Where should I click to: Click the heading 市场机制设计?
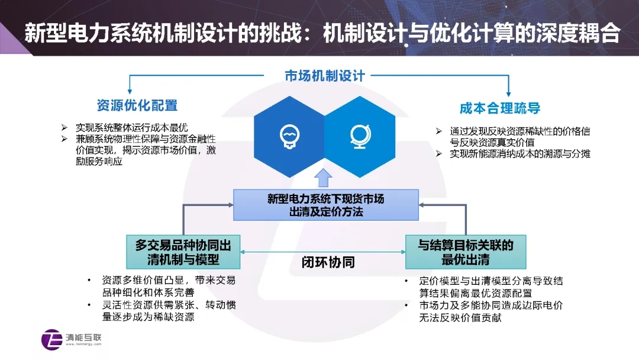(325, 76)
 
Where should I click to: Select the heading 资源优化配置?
(137, 105)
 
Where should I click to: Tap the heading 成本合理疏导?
(500, 108)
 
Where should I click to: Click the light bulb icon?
(289, 136)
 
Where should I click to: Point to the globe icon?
(360, 136)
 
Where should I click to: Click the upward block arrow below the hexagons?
(323, 178)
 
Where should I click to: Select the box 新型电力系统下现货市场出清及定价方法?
(326, 205)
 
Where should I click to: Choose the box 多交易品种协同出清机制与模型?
(183, 252)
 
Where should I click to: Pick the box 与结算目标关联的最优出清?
(466, 252)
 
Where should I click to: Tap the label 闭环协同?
(328, 262)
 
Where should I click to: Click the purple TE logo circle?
(51, 339)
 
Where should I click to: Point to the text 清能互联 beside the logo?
(83, 337)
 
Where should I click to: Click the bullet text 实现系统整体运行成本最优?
(131, 128)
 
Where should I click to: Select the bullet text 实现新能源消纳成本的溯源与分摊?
(520, 154)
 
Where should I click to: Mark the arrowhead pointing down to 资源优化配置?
(130, 91)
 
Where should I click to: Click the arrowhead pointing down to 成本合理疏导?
(508, 94)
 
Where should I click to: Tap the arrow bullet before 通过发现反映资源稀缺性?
(438, 131)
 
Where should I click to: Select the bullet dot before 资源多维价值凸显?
(89, 281)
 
